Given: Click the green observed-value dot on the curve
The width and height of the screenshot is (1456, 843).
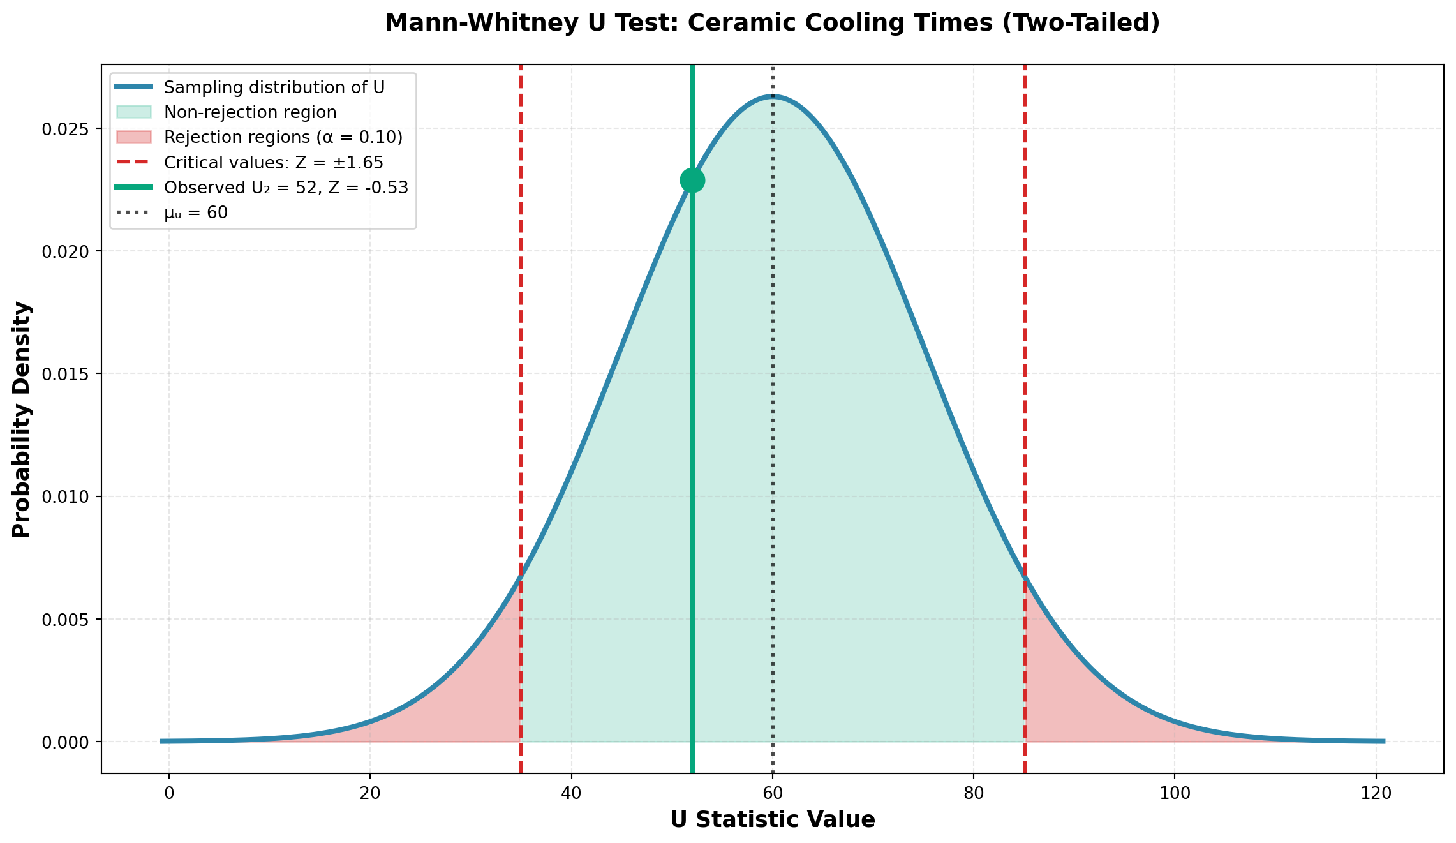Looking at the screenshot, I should click(692, 181).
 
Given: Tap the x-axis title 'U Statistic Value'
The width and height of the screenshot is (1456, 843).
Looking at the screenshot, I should click(772, 820).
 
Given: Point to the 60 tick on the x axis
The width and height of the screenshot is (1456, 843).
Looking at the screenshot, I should click(773, 793).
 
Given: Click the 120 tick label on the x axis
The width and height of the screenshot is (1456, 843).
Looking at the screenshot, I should click(1376, 793).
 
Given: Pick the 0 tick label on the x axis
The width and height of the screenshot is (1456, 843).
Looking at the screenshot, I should click(169, 793).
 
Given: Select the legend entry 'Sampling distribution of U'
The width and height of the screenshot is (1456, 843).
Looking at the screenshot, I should click(274, 87).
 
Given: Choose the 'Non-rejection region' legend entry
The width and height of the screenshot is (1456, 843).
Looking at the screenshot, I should click(250, 112).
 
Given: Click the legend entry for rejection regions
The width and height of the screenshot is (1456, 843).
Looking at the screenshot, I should click(283, 137).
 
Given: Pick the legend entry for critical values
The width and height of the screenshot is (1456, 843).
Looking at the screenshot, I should click(274, 163).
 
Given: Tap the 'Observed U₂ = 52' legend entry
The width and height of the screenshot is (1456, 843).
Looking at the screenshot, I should click(286, 188).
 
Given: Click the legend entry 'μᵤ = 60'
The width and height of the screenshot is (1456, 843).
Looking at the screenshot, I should click(196, 213).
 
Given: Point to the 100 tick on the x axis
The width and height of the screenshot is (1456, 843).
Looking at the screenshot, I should click(1175, 793).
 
